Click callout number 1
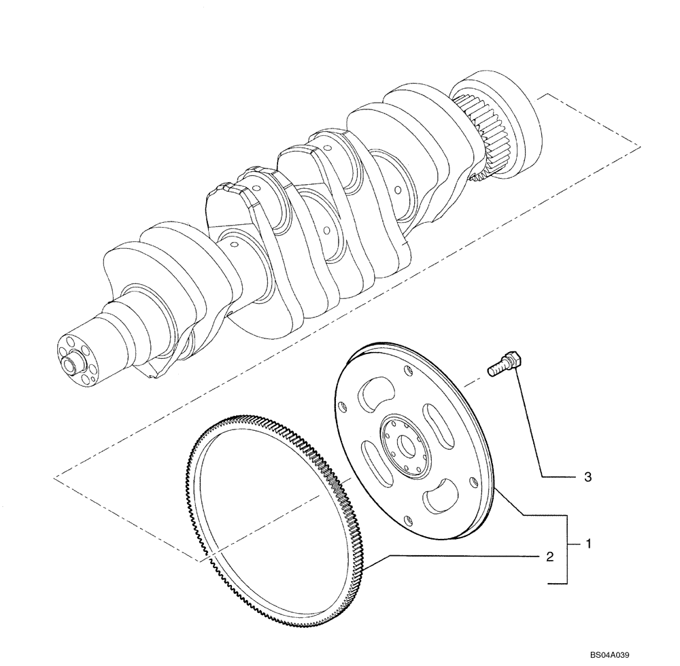click(x=589, y=544)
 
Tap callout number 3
click(x=588, y=478)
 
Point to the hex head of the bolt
click(x=513, y=357)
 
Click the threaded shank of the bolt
click(x=496, y=368)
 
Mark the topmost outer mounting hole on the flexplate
click(x=407, y=370)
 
